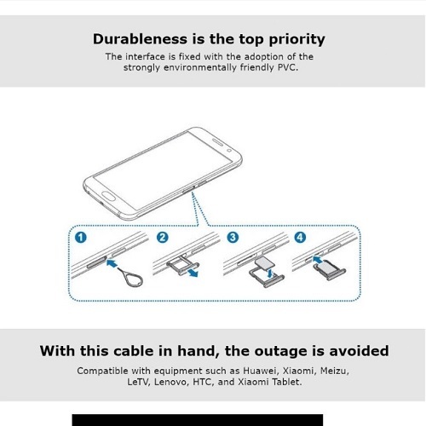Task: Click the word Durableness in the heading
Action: tap(140, 39)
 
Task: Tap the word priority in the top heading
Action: tap(296, 40)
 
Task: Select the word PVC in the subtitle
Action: tap(288, 67)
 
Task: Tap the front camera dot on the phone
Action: tap(229, 151)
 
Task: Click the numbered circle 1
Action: tap(81, 237)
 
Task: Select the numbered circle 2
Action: tap(163, 237)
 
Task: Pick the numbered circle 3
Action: tap(233, 237)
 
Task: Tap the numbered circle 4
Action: tap(300, 237)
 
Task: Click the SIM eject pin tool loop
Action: tap(135, 279)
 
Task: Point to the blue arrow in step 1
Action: tap(112, 263)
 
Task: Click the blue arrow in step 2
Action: tap(193, 272)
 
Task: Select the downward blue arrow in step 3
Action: tap(270, 273)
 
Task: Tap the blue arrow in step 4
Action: tap(319, 259)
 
